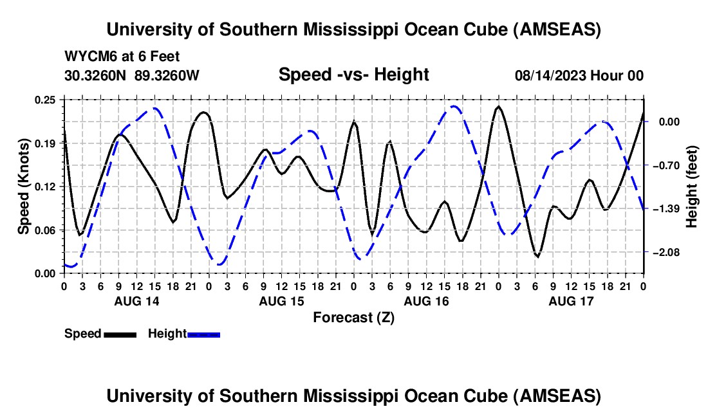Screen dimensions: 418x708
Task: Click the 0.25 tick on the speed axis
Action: point(46,100)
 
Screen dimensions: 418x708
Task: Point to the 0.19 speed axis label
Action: point(46,143)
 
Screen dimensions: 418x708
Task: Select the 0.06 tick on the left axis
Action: point(46,230)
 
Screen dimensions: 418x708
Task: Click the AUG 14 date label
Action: point(136,300)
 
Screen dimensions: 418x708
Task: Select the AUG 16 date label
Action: point(426,300)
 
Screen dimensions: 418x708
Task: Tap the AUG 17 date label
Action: point(571,300)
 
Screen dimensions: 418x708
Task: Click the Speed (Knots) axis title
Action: point(24,186)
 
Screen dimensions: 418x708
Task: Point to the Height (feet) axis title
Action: point(693,186)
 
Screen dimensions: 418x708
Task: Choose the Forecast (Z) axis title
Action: point(353,317)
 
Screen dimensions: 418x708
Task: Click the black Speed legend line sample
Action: point(120,334)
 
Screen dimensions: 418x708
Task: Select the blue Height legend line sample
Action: point(203,334)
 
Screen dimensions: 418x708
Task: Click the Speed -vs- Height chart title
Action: point(353,75)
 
